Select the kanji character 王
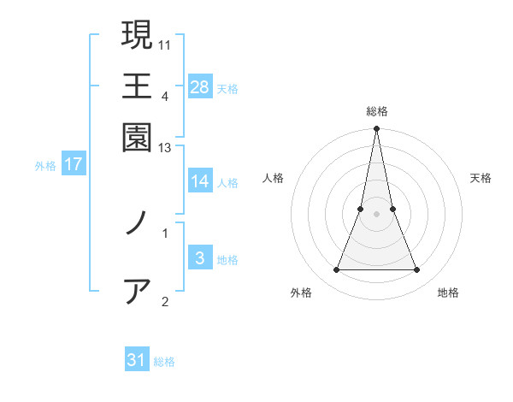tap(137, 86)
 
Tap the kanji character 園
tap(137, 136)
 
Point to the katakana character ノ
tap(137, 225)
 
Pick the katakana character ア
tap(137, 292)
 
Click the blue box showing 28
tap(200, 86)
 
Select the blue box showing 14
tap(200, 181)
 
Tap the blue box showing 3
tap(200, 258)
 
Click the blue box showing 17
tap(73, 164)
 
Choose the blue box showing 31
tap(137, 360)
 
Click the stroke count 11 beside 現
tap(166, 44)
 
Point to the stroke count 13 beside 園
tap(165, 149)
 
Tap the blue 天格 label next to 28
tap(227, 89)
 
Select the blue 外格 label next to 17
tap(45, 166)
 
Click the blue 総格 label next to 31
tap(164, 362)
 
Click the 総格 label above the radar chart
tap(376, 111)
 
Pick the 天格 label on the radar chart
tap(481, 178)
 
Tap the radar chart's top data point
tap(376, 129)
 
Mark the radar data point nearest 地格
tap(417, 270)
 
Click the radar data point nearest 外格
tap(336, 270)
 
